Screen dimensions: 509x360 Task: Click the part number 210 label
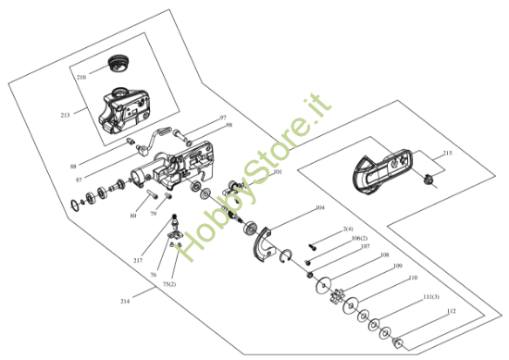[x=81, y=76]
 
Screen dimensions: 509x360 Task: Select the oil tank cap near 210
[x=117, y=62]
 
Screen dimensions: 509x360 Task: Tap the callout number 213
[x=65, y=115]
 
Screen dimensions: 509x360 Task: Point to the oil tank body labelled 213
[x=124, y=109]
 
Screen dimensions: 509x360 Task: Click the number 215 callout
[x=447, y=153]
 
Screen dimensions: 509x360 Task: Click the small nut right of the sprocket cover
[x=429, y=178]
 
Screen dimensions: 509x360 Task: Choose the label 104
[x=319, y=208]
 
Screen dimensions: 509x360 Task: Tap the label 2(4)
[x=348, y=228]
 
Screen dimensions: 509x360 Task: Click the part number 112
[x=452, y=311]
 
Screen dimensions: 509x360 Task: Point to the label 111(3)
[x=430, y=296]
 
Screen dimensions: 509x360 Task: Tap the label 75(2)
[x=168, y=284]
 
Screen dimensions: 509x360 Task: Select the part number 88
[x=73, y=166]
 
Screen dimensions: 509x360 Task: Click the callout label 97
[x=222, y=118]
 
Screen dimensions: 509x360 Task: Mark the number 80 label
[x=133, y=215]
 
